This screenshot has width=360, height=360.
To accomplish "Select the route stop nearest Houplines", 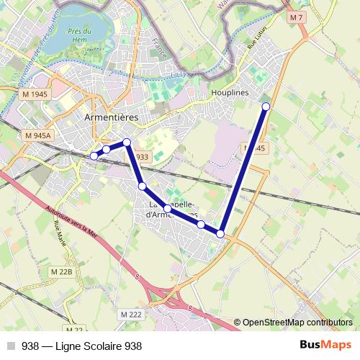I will tap(266, 107).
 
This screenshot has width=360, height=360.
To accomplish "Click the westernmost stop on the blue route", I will tap(94, 156).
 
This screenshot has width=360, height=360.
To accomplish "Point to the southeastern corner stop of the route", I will tap(220, 233).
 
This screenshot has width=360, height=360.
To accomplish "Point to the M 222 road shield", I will tap(131, 315).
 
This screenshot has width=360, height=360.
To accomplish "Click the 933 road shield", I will tap(141, 157).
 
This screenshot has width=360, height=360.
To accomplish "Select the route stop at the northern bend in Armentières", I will tap(127, 143).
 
